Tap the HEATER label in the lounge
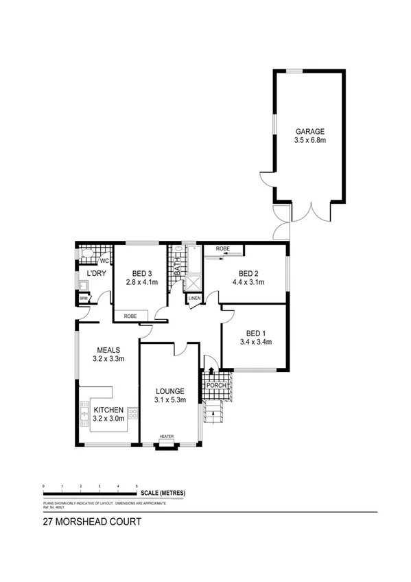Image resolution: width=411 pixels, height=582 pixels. pyautogui.click(x=167, y=436)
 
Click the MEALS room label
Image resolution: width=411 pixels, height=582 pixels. pyautogui.click(x=108, y=349)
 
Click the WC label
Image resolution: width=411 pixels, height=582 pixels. pyautogui.click(x=104, y=261)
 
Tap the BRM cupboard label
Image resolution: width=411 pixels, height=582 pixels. pyautogui.click(x=83, y=299)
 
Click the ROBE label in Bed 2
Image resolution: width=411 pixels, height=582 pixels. pyautogui.click(x=222, y=248)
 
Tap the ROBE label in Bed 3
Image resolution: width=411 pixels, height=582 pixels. pyautogui.click(x=130, y=316)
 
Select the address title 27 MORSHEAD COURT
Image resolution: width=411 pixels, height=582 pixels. pyautogui.click(x=92, y=522)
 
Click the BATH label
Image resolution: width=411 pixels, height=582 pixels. pyautogui.click(x=177, y=266)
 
